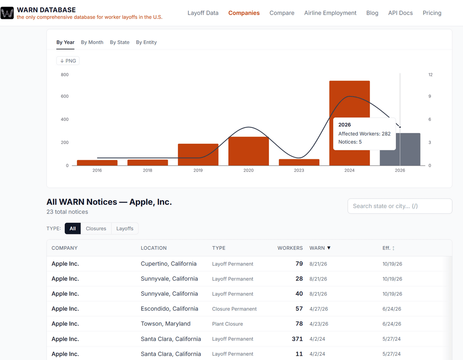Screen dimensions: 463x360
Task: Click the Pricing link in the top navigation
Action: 432,13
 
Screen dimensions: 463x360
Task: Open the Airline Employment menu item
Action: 330,13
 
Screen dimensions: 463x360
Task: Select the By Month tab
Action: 92,42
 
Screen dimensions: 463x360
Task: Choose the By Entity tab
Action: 146,42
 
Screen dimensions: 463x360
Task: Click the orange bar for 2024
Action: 350,100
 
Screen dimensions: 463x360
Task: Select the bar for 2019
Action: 198,155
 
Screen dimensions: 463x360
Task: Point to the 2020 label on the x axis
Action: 248,170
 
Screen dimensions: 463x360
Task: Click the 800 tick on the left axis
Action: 64,75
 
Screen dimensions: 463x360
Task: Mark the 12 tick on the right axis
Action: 431,75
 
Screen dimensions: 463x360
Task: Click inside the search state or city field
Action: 400,206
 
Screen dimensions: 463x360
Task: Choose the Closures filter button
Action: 96,229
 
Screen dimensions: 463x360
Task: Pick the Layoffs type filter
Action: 125,229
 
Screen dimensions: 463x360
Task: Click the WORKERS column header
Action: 290,248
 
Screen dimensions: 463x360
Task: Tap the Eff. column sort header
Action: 389,248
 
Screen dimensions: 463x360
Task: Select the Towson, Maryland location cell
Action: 166,324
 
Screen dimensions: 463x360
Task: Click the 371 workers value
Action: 297,339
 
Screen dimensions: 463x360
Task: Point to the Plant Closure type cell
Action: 227,324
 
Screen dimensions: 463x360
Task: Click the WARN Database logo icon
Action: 7,13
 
